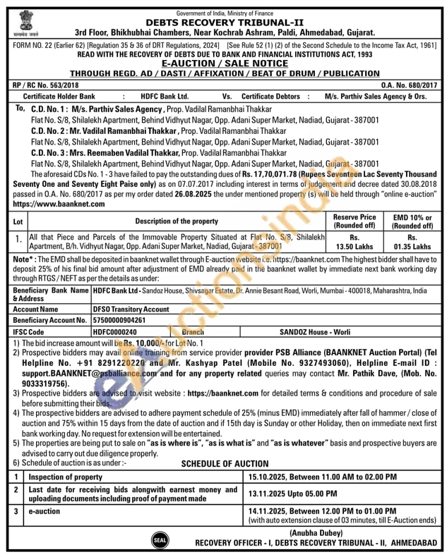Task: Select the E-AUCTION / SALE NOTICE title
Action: (223, 63)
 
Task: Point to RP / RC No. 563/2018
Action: (43, 84)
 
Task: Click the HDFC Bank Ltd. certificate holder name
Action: (165, 95)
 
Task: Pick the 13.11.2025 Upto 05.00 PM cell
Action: (292, 494)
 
